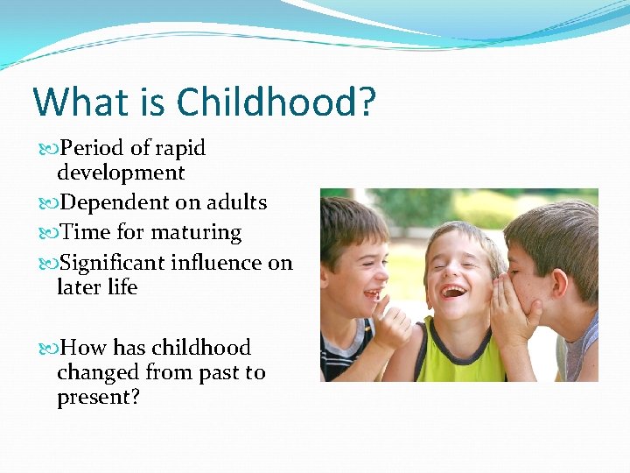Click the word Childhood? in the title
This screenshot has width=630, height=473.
click(276, 102)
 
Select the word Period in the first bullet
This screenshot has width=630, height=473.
click(92, 148)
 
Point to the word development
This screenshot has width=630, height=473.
click(121, 173)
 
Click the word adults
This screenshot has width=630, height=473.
click(236, 202)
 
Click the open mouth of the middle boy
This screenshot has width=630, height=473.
click(453, 290)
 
